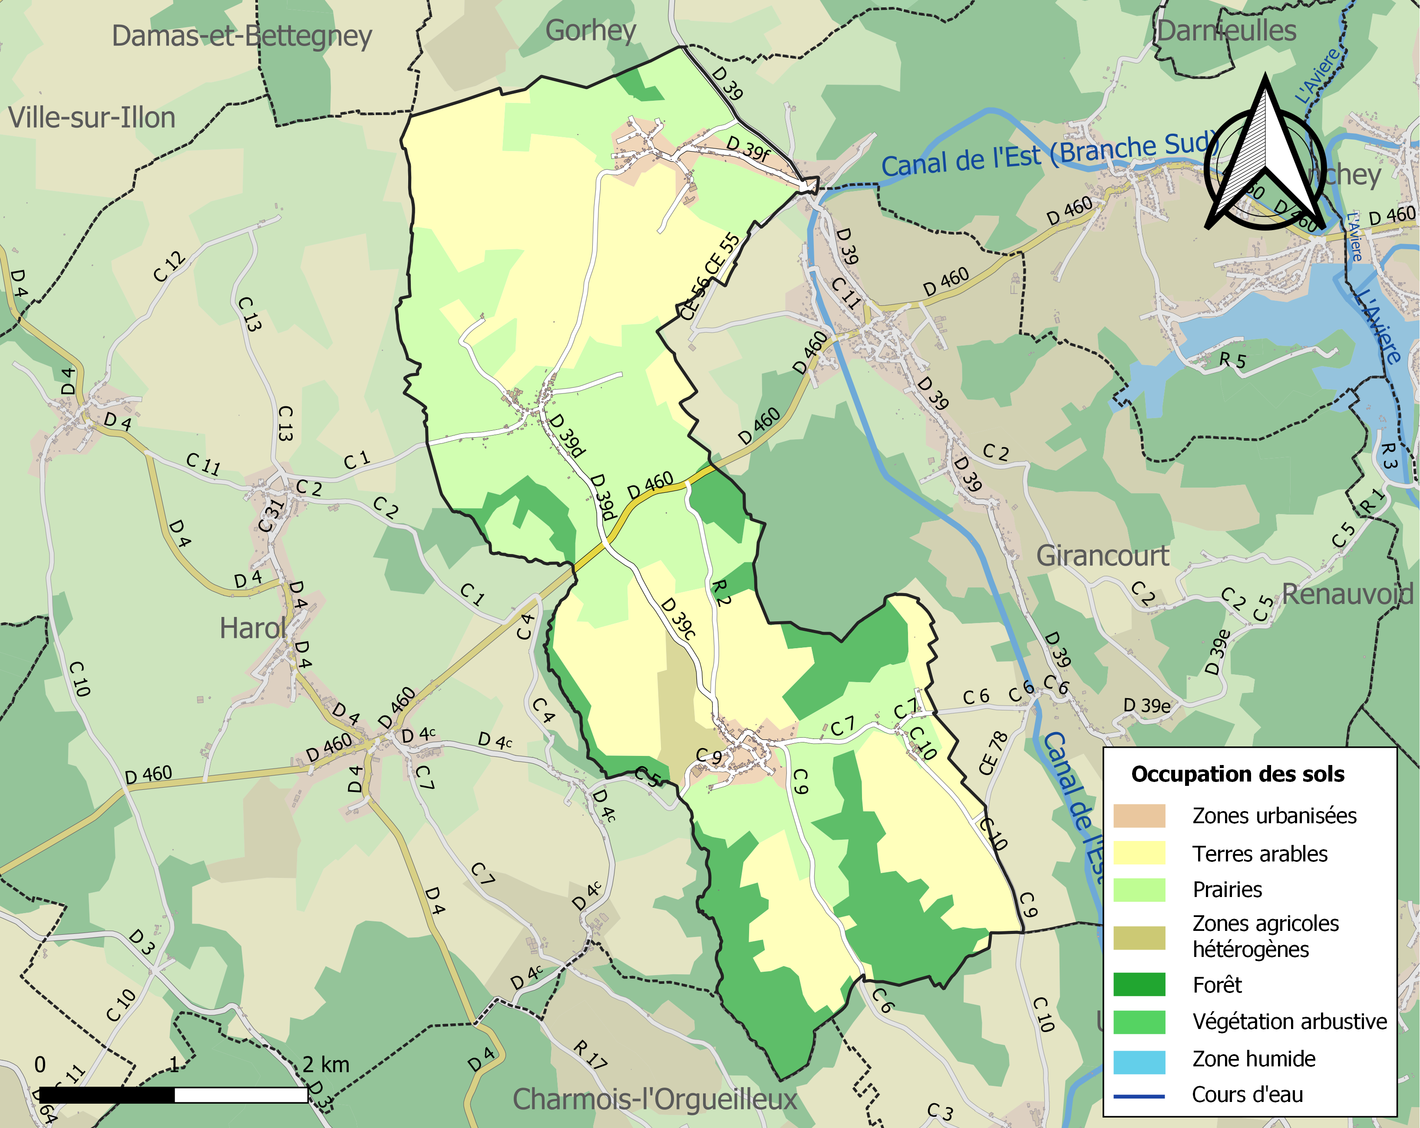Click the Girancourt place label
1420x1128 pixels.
point(1103,557)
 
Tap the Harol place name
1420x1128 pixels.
point(252,629)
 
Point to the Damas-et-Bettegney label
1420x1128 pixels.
point(242,36)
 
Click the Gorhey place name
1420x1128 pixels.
point(591,30)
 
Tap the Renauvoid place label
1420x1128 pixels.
point(1347,595)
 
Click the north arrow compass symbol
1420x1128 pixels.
point(1265,155)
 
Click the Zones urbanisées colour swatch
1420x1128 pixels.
point(1139,816)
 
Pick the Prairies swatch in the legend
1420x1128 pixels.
point(1139,890)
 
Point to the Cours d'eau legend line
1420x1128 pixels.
point(1139,1096)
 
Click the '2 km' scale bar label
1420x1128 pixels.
point(326,1064)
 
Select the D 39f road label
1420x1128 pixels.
point(747,148)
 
